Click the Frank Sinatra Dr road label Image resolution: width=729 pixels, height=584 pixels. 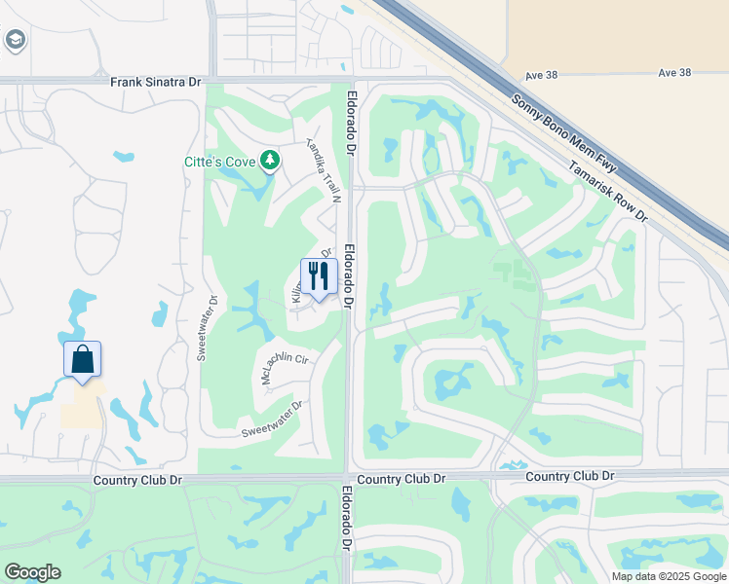pyautogui.click(x=155, y=83)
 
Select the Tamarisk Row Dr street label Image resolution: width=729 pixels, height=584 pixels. pyautogui.click(x=608, y=190)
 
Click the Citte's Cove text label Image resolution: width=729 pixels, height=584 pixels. pyautogui.click(x=219, y=162)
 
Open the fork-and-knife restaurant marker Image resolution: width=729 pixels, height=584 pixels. pyautogui.click(x=319, y=277)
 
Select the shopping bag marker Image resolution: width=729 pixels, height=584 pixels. pyautogui.click(x=82, y=359)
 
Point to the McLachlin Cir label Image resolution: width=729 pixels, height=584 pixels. pyautogui.click(x=285, y=368)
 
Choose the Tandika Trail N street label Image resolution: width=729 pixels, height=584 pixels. pyautogui.click(x=325, y=167)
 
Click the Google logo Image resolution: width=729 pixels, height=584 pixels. pyautogui.click(x=32, y=572)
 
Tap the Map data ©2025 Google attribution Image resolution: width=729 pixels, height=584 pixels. pyautogui.click(x=669, y=576)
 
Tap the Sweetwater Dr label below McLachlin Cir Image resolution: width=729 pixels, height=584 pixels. pyautogui.click(x=272, y=419)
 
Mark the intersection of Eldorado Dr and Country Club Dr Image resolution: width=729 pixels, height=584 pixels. pyautogui.click(x=348, y=479)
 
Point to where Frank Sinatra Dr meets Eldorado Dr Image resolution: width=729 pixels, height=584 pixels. pyautogui.click(x=350, y=82)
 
